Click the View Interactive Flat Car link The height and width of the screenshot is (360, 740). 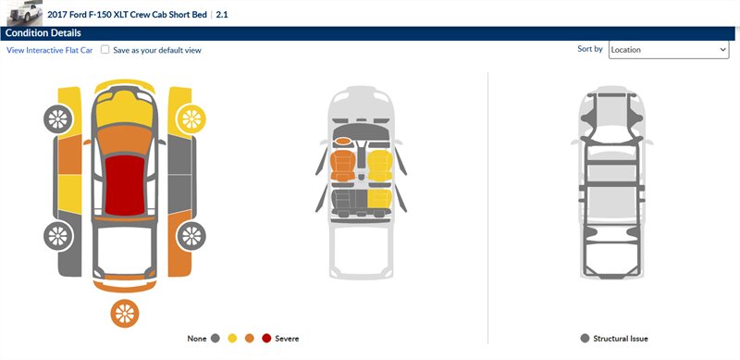[x=50, y=50]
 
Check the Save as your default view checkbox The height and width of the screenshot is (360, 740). [x=105, y=50]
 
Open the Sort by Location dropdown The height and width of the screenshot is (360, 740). [x=668, y=50]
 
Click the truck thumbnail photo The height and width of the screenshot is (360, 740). [x=25, y=12]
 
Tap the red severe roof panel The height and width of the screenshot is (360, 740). [x=125, y=185]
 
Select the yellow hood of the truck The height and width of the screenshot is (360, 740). [x=125, y=109]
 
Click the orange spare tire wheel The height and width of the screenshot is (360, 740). [x=125, y=313]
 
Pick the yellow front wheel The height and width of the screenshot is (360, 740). [x=191, y=119]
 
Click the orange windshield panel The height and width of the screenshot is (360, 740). [x=125, y=140]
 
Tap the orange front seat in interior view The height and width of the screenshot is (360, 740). [x=343, y=166]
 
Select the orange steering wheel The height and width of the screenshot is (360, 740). [x=343, y=141]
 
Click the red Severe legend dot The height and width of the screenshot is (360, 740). [x=266, y=339]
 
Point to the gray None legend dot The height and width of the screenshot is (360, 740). [x=216, y=339]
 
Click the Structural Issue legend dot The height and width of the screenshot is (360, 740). [x=586, y=339]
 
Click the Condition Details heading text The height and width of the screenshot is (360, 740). [x=43, y=33]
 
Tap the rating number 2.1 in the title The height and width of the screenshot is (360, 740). [x=222, y=15]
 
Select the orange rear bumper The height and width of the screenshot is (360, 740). [x=125, y=286]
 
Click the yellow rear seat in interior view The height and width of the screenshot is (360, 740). [x=380, y=199]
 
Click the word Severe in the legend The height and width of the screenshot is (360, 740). [x=287, y=339]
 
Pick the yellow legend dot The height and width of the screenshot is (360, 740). [x=232, y=339]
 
